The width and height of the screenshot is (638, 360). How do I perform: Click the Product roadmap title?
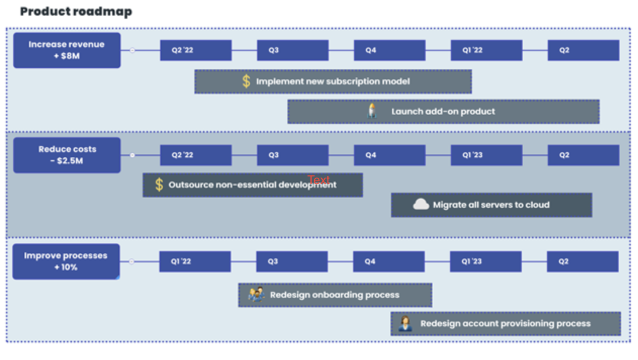[x=76, y=11]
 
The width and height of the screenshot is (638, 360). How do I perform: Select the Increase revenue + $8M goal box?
[x=67, y=50]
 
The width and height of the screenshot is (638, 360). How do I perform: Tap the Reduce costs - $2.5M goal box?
[x=67, y=155]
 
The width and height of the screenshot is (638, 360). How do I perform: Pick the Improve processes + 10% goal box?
[x=66, y=261]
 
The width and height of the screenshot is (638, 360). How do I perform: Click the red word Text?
[x=318, y=180]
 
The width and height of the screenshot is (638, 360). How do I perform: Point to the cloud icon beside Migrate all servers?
[x=421, y=204]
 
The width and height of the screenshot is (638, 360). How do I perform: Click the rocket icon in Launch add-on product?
[x=372, y=111]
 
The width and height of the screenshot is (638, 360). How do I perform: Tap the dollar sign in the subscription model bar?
[x=246, y=81]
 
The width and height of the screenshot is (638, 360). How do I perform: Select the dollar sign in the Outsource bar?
[x=159, y=185]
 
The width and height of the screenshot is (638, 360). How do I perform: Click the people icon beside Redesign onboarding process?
[x=256, y=294]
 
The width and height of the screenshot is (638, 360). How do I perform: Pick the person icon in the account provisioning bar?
[x=405, y=323]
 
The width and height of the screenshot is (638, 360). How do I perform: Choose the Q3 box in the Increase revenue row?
[x=292, y=51]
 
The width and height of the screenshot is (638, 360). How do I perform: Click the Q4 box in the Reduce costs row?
[x=389, y=155]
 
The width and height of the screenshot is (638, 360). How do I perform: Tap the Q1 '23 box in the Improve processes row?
[x=486, y=261]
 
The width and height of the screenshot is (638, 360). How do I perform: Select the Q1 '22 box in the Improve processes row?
[x=195, y=261]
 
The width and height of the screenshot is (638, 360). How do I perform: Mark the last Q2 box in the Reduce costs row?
[x=583, y=155]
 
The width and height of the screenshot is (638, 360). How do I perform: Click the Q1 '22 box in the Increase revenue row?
[x=486, y=51]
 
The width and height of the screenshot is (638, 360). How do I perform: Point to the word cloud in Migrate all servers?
[x=537, y=205]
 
